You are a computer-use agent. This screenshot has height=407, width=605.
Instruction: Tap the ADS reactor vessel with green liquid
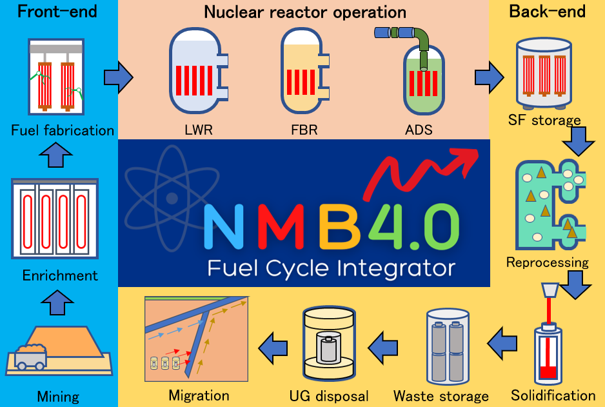(423, 81)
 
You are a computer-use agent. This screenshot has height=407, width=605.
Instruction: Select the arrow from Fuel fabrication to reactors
(118, 77)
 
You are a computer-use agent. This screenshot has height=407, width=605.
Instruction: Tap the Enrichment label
(60, 275)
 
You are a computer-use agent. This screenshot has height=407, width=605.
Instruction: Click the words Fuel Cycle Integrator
(331, 267)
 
